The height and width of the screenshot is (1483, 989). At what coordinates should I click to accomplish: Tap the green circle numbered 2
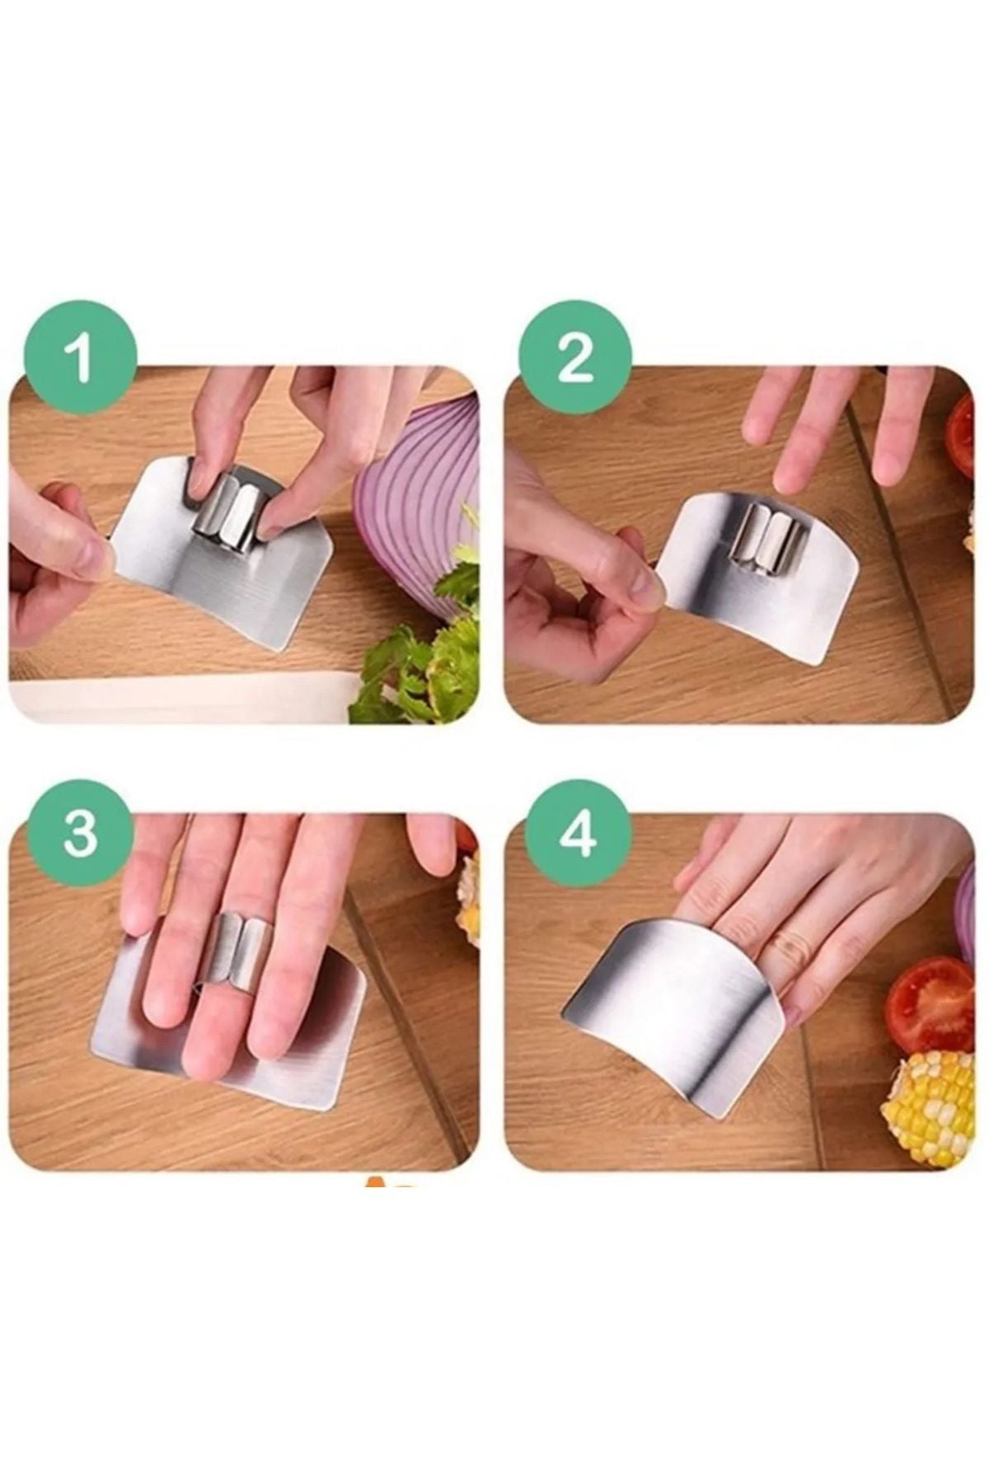(x=575, y=361)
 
